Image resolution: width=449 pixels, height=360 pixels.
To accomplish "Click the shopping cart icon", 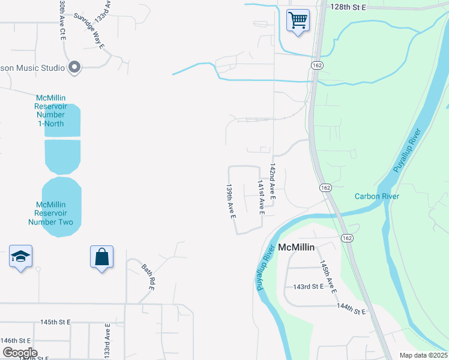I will coord(298,20).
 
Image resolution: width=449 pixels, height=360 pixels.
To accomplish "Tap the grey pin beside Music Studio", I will coord(74,68).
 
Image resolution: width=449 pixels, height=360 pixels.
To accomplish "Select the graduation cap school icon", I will coord(21,257).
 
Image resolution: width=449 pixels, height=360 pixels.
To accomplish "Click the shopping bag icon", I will coord(102,257).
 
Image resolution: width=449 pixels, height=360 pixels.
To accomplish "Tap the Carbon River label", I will coord(376,196).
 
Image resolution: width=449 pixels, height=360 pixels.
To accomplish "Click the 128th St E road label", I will coord(348,7).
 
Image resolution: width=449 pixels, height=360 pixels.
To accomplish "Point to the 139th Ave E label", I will coord(229,201).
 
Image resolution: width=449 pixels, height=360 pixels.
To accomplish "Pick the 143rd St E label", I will coord(309,287).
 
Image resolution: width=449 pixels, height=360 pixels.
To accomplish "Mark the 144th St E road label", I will coord(351,309).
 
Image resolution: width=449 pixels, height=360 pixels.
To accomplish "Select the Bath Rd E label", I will coord(148,277).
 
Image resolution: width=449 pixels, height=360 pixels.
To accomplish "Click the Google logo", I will coord(19,352).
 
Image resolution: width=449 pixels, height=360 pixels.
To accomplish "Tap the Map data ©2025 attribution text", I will coord(423,355).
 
